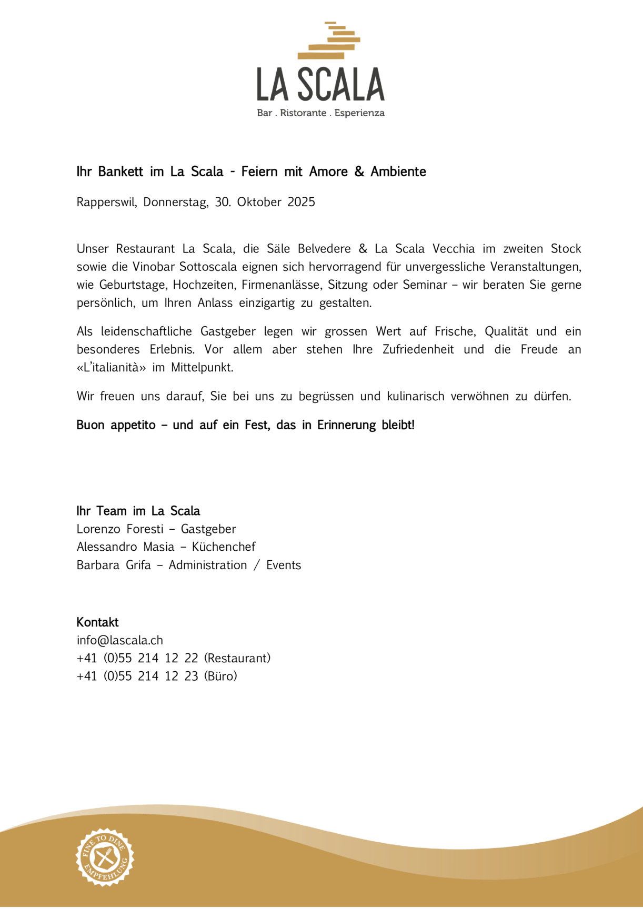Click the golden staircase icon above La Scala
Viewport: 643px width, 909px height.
[329, 41]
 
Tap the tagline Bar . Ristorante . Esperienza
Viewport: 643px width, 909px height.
[320, 113]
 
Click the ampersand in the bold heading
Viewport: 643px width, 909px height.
[359, 171]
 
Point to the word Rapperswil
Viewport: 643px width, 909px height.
[106, 202]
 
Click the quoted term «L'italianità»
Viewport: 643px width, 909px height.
[111, 367]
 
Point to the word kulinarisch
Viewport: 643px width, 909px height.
[416, 396]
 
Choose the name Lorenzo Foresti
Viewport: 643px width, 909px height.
[120, 529]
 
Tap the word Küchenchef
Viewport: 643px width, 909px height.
[224, 547]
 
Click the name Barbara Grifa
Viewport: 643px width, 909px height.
[114, 565]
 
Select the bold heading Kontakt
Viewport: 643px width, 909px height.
[97, 622]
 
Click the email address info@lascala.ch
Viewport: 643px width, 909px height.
[120, 640]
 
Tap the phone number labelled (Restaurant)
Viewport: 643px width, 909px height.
[137, 658]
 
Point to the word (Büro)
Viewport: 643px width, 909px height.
[220, 676]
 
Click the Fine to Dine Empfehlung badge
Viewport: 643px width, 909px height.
[105, 857]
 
